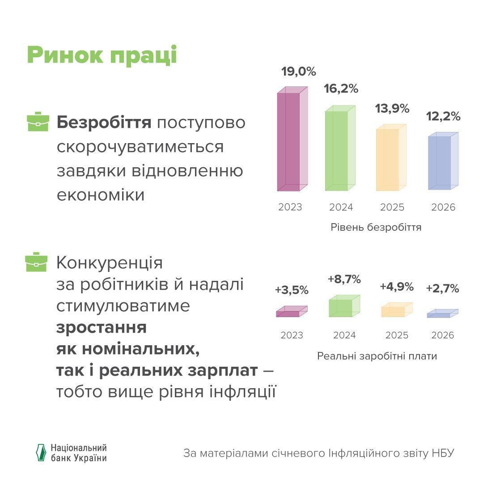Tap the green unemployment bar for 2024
pyautogui.click(x=339, y=150)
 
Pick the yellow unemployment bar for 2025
pyautogui.click(x=390, y=159)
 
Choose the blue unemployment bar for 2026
pyautogui.click(x=442, y=162)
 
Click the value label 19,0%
pyautogui.click(x=299, y=72)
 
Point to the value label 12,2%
pyautogui.click(x=443, y=117)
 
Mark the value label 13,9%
pyautogui.click(x=392, y=108)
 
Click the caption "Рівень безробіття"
pyautogui.click(x=376, y=227)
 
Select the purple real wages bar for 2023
pyautogui.click(x=291, y=312)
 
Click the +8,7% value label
pyautogui.click(x=344, y=280)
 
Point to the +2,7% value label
pyautogui.click(x=442, y=289)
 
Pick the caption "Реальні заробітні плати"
pyautogui.click(x=377, y=356)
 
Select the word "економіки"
pyautogui.click(x=101, y=195)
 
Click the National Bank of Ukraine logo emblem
pyautogui.click(x=41, y=453)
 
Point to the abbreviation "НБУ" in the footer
pyautogui.click(x=443, y=453)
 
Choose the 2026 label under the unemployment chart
pyautogui.click(x=443, y=208)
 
